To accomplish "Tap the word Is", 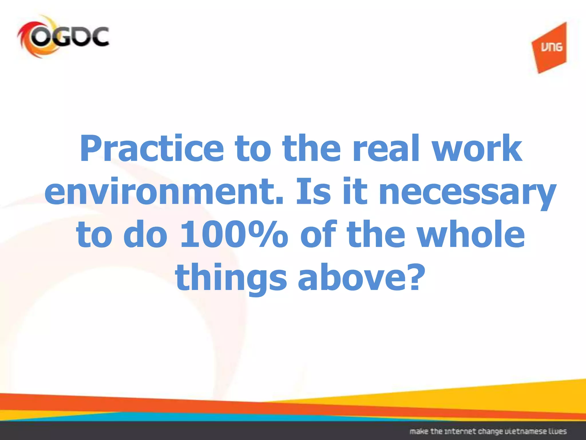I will [314, 191].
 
